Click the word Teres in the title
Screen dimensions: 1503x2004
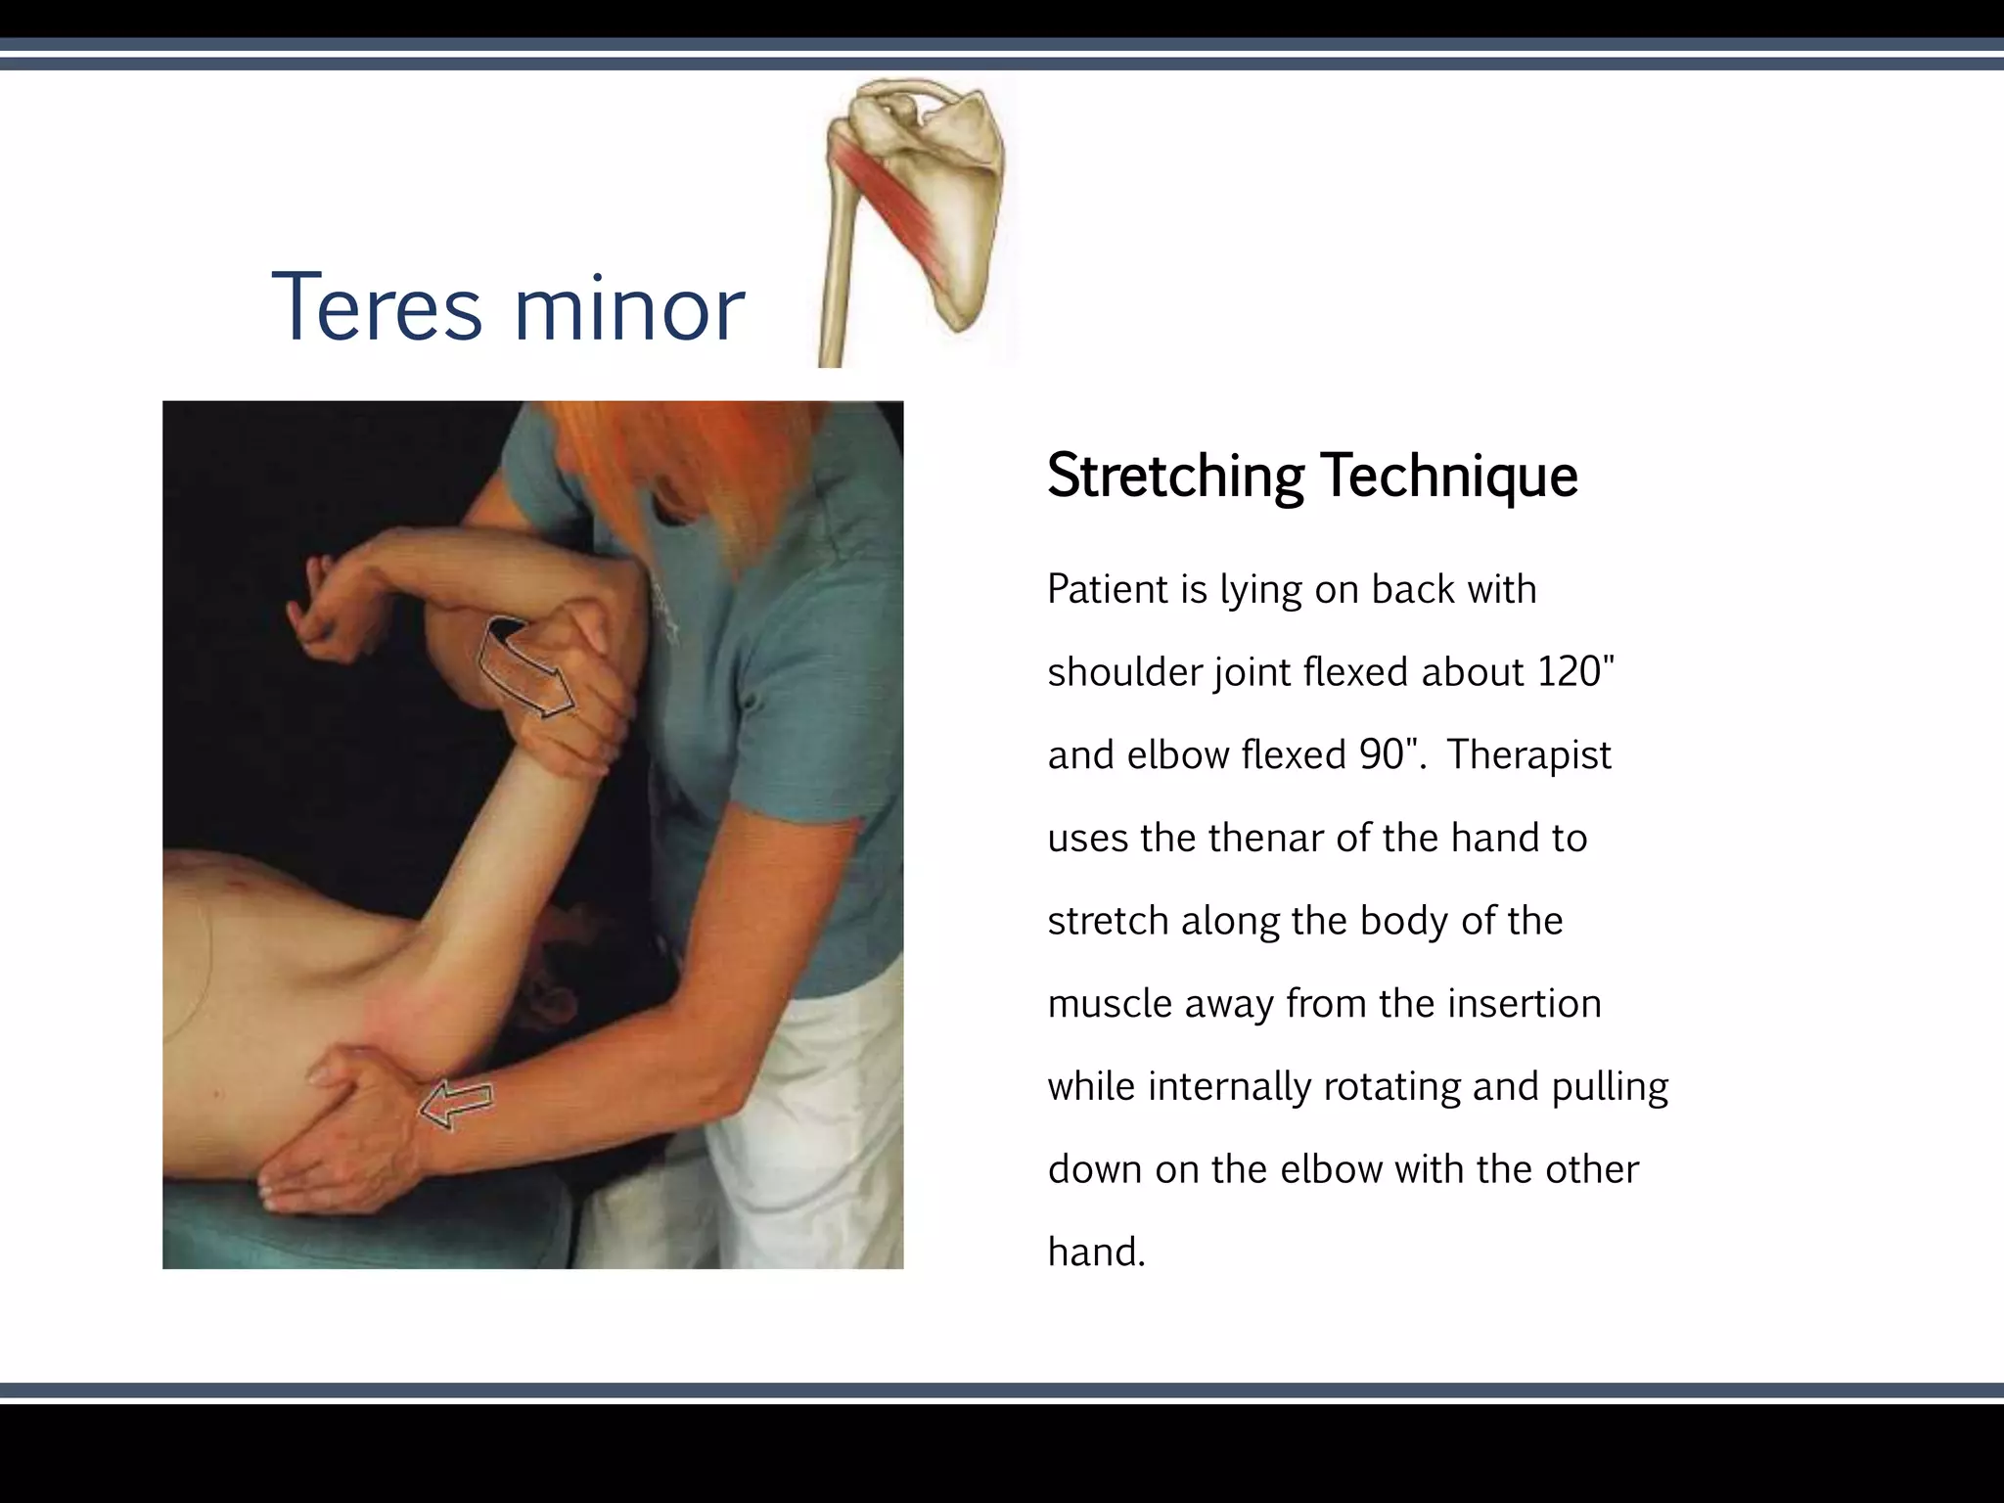coord(376,308)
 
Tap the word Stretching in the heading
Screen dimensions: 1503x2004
coord(1175,477)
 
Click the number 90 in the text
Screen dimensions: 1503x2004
coord(1382,755)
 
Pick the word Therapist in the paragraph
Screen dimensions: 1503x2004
coord(1528,755)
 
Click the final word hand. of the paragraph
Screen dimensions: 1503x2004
coord(1095,1252)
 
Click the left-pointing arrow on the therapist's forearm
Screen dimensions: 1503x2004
coord(456,1105)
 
